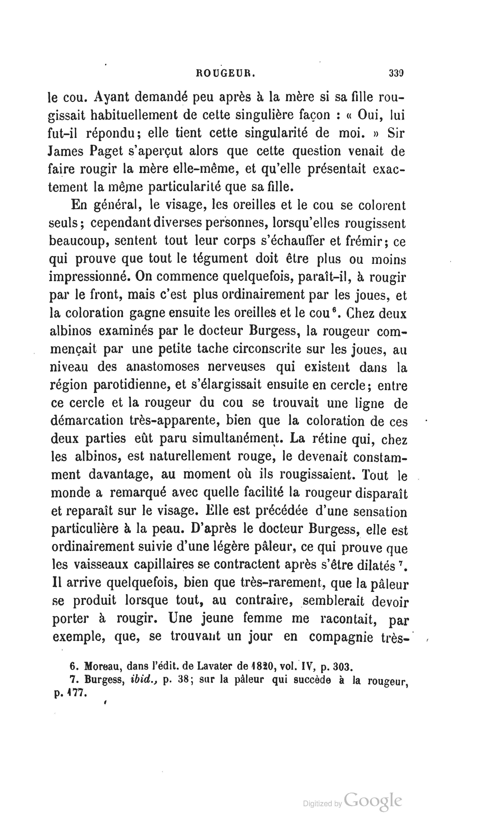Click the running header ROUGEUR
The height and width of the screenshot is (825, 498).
225,73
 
